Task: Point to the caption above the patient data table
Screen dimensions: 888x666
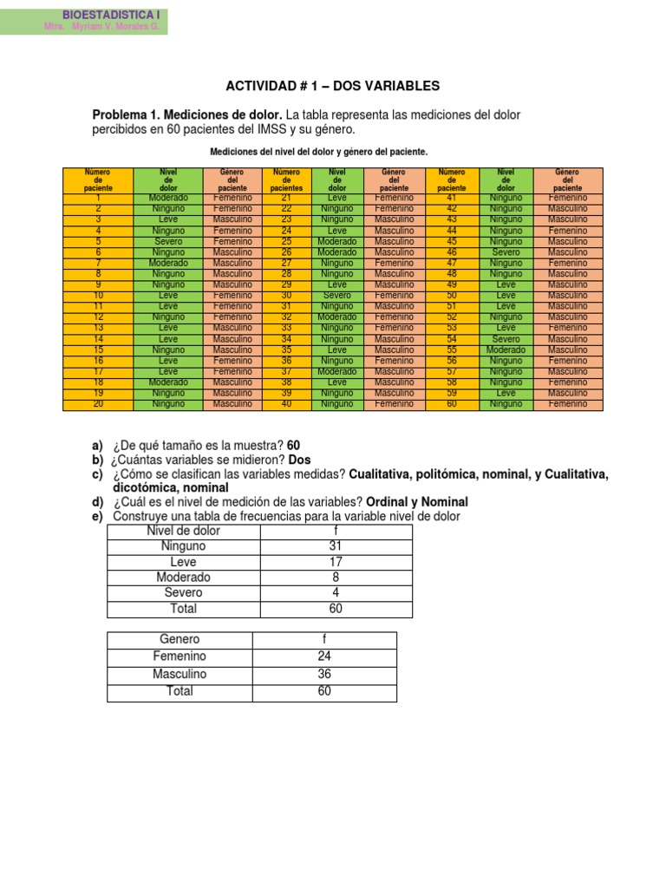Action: coord(319,152)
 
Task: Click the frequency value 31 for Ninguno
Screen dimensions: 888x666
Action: coord(336,546)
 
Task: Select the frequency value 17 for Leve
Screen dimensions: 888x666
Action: coord(336,562)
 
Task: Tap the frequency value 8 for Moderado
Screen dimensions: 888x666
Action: coord(336,578)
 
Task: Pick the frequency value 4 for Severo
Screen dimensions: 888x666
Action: coord(336,593)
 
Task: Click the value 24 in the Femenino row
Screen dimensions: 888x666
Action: coord(324,656)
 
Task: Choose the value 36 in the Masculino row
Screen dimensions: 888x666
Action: coord(324,674)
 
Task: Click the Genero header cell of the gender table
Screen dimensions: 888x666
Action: coord(180,640)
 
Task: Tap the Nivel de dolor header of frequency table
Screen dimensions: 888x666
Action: coord(183,531)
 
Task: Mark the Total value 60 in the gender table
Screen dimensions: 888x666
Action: coord(324,691)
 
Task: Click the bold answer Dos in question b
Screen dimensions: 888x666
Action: coord(299,460)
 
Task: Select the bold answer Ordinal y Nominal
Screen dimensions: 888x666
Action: coord(417,502)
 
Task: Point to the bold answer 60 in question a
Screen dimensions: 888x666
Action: coord(293,446)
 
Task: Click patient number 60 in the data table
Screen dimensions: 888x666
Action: coord(451,404)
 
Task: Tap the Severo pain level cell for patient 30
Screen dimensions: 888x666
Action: coord(337,296)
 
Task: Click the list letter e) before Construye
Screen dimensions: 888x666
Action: coord(97,516)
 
